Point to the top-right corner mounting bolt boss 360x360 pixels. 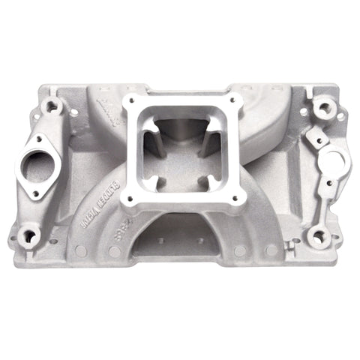click(322, 106)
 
